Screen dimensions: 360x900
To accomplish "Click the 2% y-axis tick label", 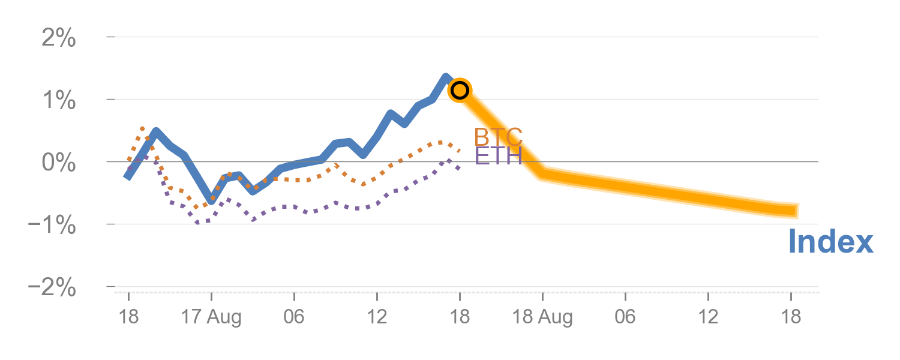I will coord(58,40).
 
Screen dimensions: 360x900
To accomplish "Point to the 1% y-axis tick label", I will coord(58,101).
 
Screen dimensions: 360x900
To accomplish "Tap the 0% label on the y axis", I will coord(58,163).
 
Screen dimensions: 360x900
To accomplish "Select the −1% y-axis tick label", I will coord(52,226).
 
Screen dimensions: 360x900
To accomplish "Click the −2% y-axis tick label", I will coord(52,288).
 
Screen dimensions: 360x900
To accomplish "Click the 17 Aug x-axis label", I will coord(211,316).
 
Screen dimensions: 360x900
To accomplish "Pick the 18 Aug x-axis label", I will coord(542,316).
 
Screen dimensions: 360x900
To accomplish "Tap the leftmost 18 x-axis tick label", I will coord(128,316).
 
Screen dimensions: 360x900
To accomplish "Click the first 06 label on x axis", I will coord(294,316).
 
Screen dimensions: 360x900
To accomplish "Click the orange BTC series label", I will coord(498,137).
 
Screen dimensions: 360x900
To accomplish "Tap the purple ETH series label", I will coord(498,156).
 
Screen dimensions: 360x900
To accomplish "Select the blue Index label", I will coord(830,242).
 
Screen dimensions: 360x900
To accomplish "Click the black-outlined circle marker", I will coord(460,91).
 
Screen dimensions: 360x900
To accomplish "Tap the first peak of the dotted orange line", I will coord(142,128).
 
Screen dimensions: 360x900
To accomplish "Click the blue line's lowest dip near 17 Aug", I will coord(211,201).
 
